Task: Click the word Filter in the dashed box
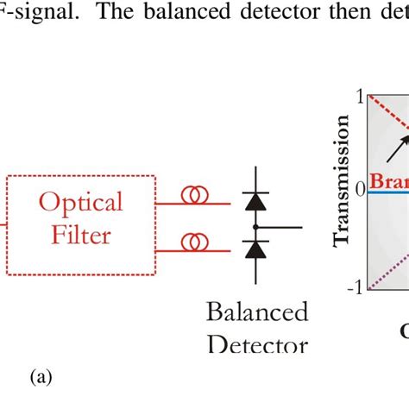point(80,235)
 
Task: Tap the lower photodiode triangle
point(255,250)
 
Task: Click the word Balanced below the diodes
point(256,311)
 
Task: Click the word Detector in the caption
point(257,346)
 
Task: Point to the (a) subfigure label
point(42,377)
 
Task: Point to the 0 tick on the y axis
point(361,189)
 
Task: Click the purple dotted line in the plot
point(388,270)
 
